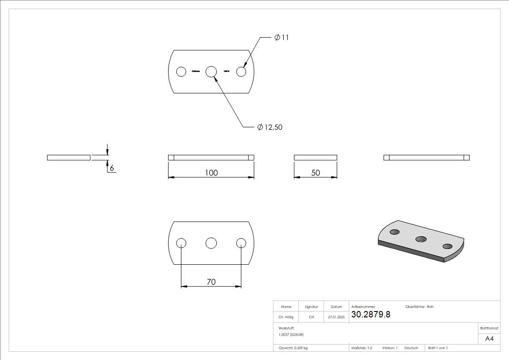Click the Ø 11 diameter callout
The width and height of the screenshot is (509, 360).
[x=281, y=38]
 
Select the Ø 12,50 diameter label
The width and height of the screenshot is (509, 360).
[x=270, y=127]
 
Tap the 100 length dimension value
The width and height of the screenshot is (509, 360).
[x=211, y=173]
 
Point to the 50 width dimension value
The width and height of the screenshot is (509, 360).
[x=315, y=173]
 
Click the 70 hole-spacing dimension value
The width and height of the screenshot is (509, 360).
[x=211, y=282]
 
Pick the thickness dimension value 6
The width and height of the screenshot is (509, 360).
[x=111, y=168]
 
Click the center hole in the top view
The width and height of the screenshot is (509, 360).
[x=211, y=72]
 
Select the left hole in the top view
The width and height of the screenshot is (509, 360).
[x=181, y=72]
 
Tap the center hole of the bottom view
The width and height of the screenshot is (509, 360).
[x=211, y=243]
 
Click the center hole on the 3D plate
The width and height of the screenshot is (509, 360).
[x=422, y=238]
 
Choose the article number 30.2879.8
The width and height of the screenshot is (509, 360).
[x=371, y=314]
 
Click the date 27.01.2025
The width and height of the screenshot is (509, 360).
[x=336, y=317]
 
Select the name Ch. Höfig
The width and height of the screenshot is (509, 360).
[x=286, y=317]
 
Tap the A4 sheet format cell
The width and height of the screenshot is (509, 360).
[x=489, y=339]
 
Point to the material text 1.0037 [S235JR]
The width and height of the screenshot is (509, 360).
[x=291, y=335]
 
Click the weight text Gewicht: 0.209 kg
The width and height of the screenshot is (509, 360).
[x=293, y=348]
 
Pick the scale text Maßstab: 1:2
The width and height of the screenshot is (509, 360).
[x=362, y=348]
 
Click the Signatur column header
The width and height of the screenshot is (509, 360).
[x=311, y=307]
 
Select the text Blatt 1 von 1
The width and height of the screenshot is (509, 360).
[x=438, y=348]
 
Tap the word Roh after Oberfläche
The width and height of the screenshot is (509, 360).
[x=430, y=307]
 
